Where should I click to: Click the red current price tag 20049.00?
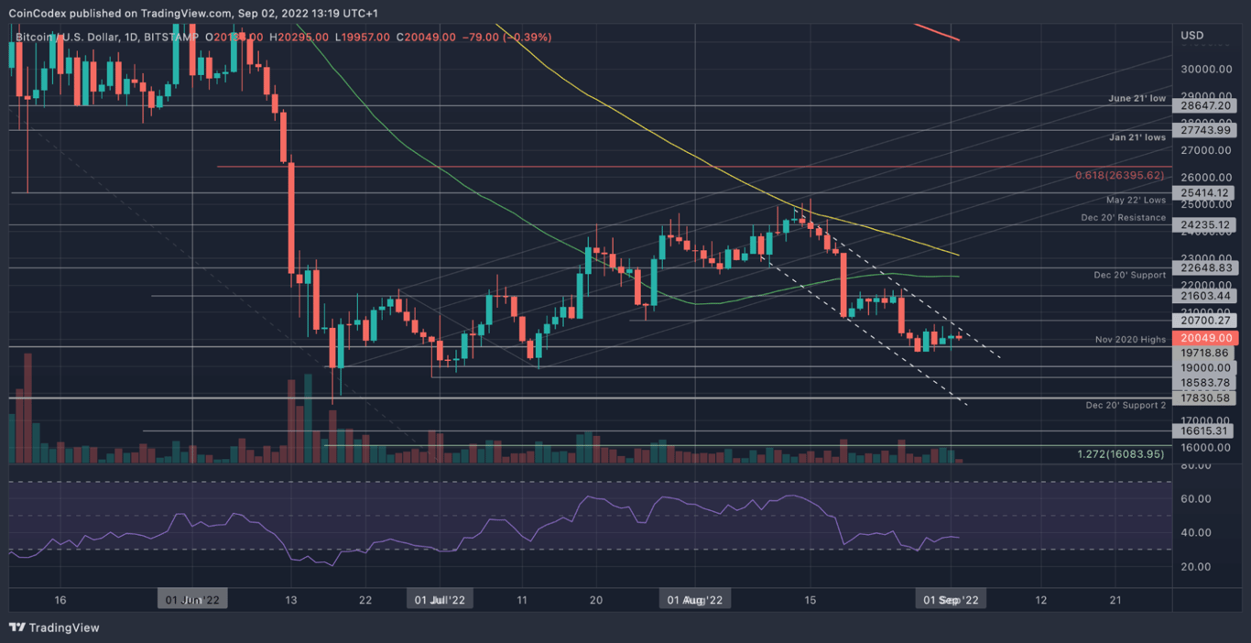(x=1204, y=338)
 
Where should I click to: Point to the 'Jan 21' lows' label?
(x=1137, y=137)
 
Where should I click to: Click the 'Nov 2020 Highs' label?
(x=1130, y=340)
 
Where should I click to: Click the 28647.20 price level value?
(x=1204, y=106)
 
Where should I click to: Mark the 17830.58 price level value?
(x=1204, y=398)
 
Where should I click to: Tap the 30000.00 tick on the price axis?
(x=1204, y=69)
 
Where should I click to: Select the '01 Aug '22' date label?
(x=695, y=600)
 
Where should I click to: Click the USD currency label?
(x=1192, y=35)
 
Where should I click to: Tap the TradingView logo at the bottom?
(x=54, y=627)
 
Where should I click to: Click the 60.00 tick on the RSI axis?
(x=1196, y=499)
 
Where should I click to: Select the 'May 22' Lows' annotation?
(x=1136, y=200)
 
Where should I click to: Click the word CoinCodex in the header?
(x=37, y=13)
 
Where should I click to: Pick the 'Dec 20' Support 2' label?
(x=1126, y=405)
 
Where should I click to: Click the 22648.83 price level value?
(x=1204, y=267)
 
